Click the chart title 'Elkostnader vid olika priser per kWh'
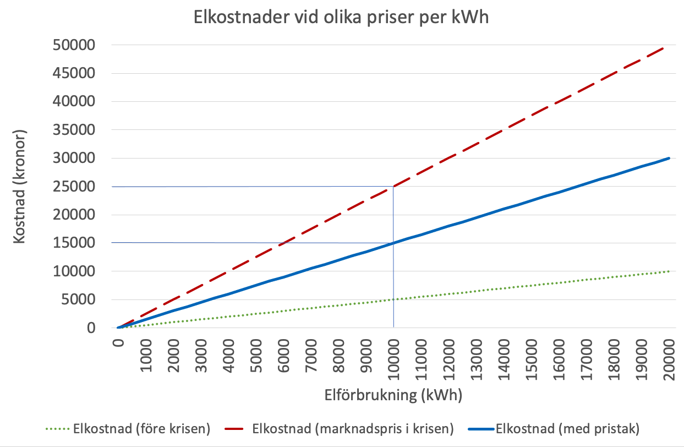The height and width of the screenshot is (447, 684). click(341, 18)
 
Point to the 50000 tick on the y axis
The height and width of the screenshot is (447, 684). click(81, 45)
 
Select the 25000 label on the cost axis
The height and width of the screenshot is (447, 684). click(81, 187)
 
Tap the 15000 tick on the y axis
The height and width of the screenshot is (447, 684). click(81, 243)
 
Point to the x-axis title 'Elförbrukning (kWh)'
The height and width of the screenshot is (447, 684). click(393, 395)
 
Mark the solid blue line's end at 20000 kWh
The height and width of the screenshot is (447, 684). click(669, 159)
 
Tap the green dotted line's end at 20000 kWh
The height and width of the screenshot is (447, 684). click(669, 271)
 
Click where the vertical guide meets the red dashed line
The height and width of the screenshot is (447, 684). click(393, 187)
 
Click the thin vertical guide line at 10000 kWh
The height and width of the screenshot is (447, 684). click(393, 286)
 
